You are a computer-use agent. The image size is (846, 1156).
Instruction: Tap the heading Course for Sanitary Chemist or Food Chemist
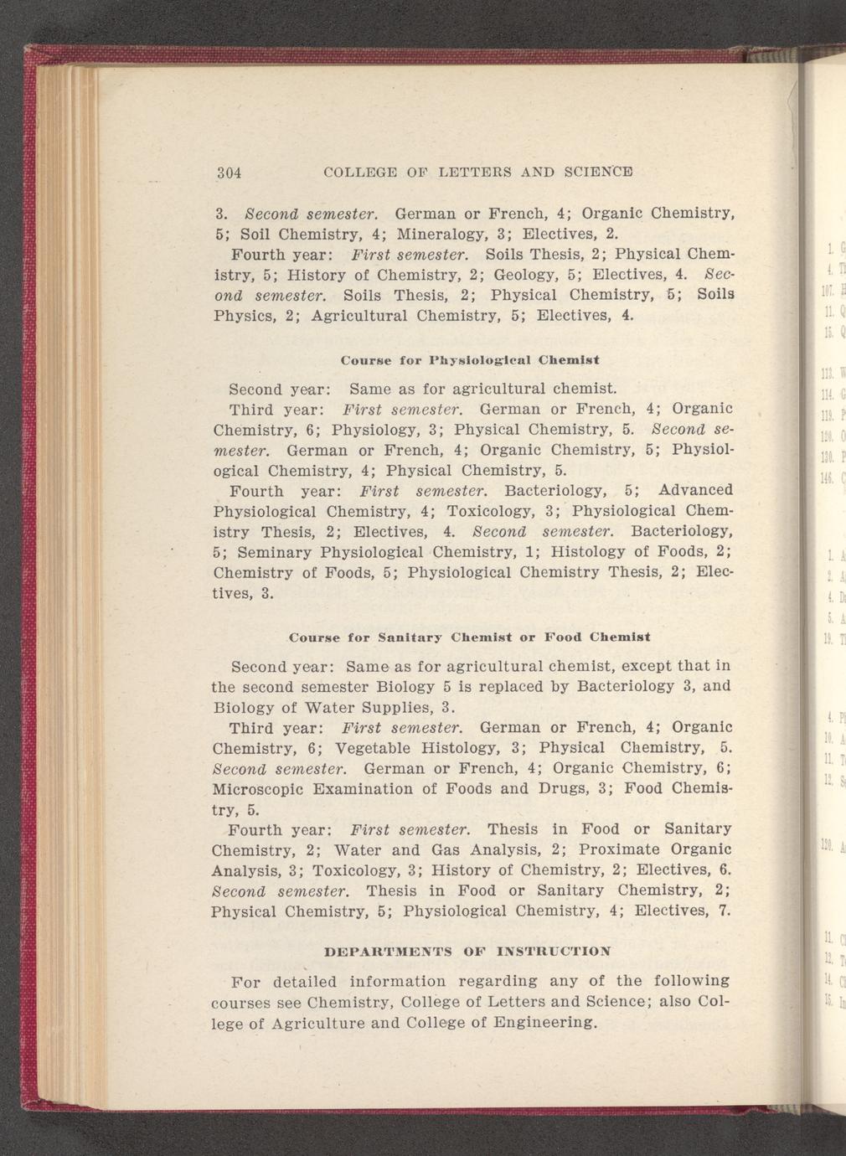click(x=469, y=637)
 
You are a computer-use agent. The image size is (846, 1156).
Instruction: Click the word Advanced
click(x=696, y=489)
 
